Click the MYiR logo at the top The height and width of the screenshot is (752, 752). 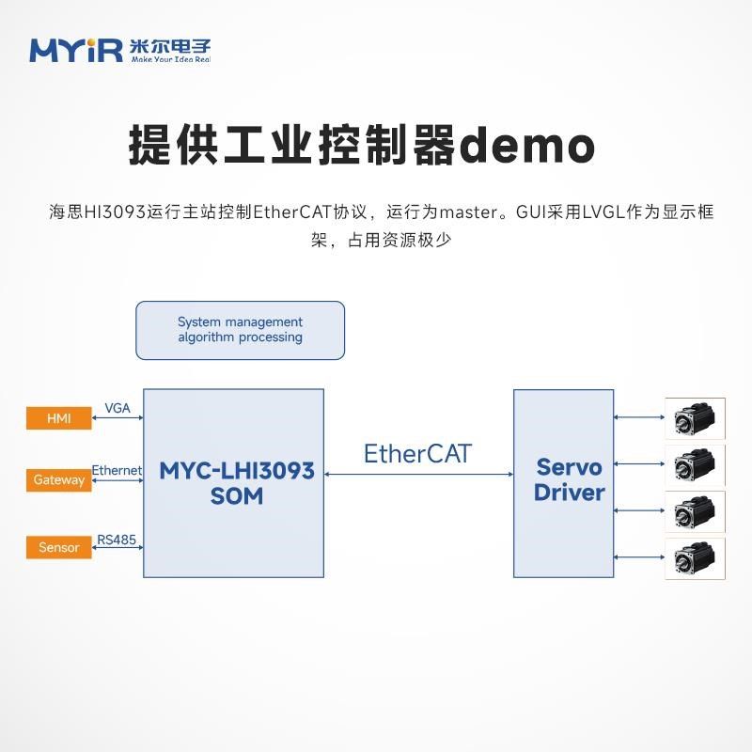tap(120, 51)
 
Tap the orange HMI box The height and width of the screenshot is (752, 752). tap(59, 418)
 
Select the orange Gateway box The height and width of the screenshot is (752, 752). tap(59, 480)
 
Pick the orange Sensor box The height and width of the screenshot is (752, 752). tap(59, 547)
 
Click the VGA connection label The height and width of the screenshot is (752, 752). tap(117, 408)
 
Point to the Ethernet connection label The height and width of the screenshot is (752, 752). tap(117, 471)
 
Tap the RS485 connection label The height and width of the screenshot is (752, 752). tap(117, 540)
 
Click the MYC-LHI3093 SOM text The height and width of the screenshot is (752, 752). tap(237, 483)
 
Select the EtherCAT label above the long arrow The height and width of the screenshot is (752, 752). tap(417, 454)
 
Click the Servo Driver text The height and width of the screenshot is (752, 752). tap(570, 479)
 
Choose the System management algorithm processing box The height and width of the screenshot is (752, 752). tap(241, 331)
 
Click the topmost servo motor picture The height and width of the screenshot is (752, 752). tap(695, 418)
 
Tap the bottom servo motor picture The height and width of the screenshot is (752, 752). tap(695, 558)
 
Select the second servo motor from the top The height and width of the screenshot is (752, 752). tap(695, 465)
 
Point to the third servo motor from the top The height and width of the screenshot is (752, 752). tap(695, 511)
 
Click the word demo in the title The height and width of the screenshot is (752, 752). tap(527, 146)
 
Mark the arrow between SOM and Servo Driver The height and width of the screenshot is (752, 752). tap(418, 475)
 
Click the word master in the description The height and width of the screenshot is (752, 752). tap(468, 212)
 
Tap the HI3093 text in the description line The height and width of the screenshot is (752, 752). tap(115, 212)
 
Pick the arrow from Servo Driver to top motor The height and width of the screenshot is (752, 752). tap(639, 417)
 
